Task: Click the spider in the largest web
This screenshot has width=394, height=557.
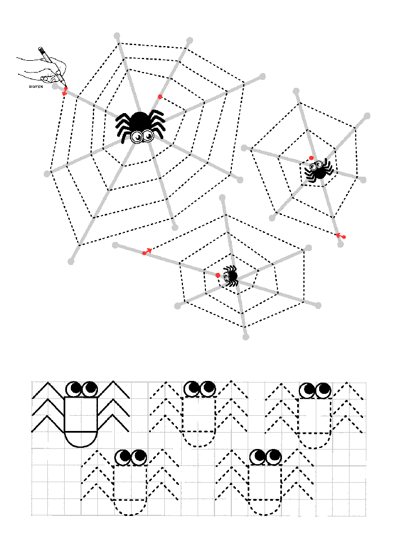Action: click(x=140, y=127)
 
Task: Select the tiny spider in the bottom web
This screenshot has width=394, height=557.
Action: click(x=230, y=276)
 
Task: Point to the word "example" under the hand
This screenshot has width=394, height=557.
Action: click(x=36, y=86)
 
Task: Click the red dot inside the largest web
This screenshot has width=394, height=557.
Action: click(x=160, y=97)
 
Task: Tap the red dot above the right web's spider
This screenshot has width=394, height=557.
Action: click(x=312, y=158)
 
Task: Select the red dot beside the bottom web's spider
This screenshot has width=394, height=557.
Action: click(x=218, y=275)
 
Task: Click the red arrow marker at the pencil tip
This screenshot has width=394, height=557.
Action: click(x=65, y=91)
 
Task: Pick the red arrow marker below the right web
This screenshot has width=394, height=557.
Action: click(x=341, y=236)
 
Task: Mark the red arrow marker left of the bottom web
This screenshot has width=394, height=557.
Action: click(x=147, y=251)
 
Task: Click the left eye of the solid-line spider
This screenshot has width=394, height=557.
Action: click(x=74, y=389)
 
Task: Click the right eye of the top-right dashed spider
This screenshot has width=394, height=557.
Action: click(x=324, y=391)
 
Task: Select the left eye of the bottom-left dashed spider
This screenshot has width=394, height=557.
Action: click(x=123, y=457)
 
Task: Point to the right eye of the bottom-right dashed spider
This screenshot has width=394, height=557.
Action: click(x=274, y=457)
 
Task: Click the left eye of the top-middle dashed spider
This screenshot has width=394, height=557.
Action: click(x=192, y=389)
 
